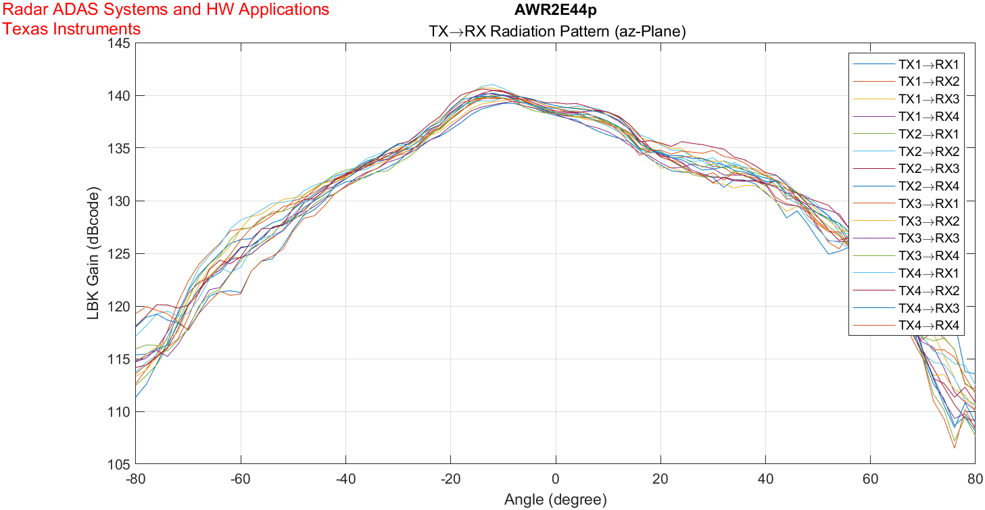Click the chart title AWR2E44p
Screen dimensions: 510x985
555,10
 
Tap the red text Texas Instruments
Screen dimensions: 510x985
72,29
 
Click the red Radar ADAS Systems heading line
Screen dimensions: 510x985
166,10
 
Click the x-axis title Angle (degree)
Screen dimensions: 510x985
555,500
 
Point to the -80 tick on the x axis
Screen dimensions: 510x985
136,479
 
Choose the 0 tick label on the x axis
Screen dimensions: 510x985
556,479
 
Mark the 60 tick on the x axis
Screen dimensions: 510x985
870,479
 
